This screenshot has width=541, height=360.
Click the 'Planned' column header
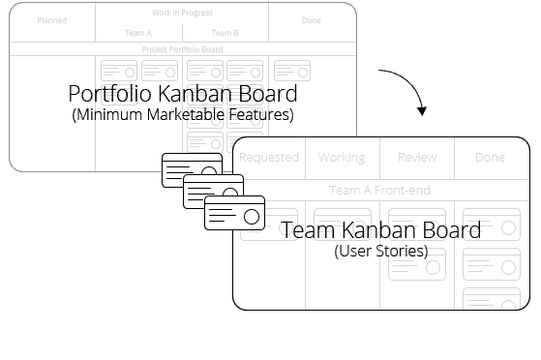[x=52, y=20]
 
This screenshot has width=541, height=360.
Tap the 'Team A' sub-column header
[x=138, y=33]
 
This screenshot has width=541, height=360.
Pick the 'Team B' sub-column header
[x=225, y=33]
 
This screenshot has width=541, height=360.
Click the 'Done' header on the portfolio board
[x=311, y=20]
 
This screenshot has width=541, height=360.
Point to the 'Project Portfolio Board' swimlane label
[x=182, y=48]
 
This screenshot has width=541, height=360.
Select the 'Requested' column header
[x=269, y=157]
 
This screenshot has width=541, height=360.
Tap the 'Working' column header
[x=342, y=157]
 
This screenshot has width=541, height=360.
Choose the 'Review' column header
[x=417, y=157]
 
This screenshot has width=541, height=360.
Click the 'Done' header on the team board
[x=491, y=157]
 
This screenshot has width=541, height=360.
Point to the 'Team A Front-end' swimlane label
[x=379, y=190]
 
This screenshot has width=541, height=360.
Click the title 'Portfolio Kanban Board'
[x=183, y=95]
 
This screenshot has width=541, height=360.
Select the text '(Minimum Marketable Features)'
[x=183, y=115]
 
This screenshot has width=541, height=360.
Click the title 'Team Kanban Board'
[x=380, y=230]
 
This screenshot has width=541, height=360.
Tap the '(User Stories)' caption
[x=380, y=251]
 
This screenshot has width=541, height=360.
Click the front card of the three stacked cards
[x=235, y=213]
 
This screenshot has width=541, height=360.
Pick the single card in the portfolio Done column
[x=291, y=71]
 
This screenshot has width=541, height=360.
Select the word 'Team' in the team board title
[x=304, y=230]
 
